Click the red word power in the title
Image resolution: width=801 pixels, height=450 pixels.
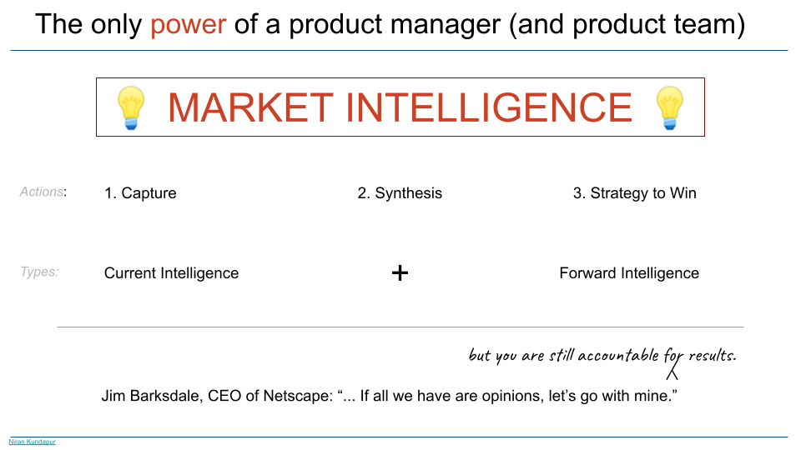pyautogui.click(x=188, y=23)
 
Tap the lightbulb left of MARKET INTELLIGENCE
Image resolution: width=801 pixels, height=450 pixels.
pyautogui.click(x=132, y=107)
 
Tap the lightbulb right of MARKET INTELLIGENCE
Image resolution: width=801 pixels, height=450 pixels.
pyautogui.click(x=669, y=107)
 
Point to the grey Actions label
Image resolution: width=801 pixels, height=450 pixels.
pyautogui.click(x=42, y=192)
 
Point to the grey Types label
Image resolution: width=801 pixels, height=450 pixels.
pyautogui.click(x=39, y=272)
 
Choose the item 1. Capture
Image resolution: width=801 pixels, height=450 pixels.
pyautogui.click(x=140, y=193)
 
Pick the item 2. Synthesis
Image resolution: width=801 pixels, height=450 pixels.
pyautogui.click(x=400, y=193)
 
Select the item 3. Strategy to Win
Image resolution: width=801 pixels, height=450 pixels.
pyautogui.click(x=634, y=193)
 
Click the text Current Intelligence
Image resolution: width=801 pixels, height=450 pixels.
pyautogui.click(x=171, y=273)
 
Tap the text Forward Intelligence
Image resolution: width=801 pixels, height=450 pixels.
pyautogui.click(x=629, y=273)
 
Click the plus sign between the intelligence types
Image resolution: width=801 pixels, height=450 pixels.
pyautogui.click(x=400, y=272)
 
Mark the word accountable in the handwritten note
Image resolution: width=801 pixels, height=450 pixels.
pyautogui.click(x=617, y=356)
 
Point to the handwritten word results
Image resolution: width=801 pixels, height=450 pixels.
pyautogui.click(x=711, y=356)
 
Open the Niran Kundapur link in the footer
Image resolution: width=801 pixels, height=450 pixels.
pyautogui.click(x=32, y=442)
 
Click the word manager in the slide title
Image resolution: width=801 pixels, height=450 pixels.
pyautogui.click(x=442, y=23)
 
